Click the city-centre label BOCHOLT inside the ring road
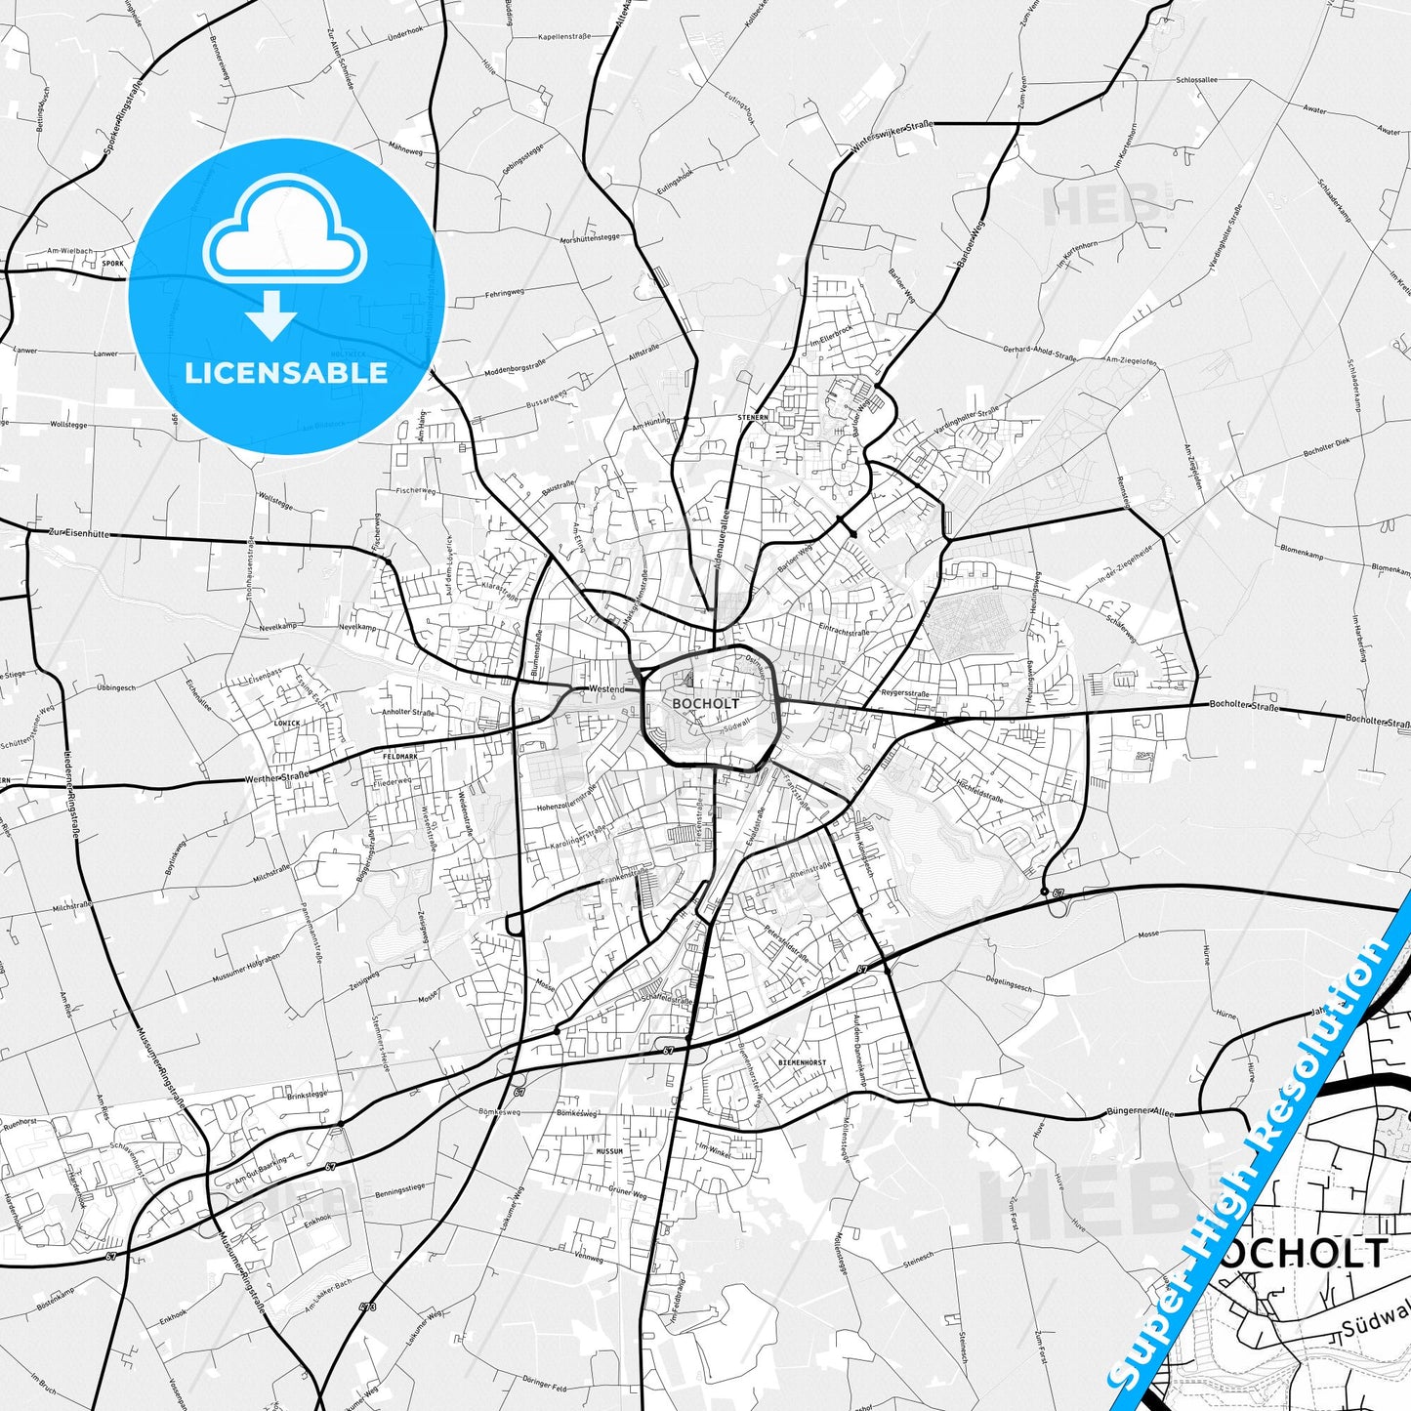coord(705,703)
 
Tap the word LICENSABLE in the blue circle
coord(286,372)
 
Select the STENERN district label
coord(753,417)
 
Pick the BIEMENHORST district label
coord(802,1062)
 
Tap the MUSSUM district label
coord(609,1151)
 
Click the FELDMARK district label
coord(400,757)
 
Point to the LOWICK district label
coord(287,724)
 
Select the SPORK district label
coord(113,264)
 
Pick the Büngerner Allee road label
coord(1140,1112)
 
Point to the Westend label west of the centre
coord(605,689)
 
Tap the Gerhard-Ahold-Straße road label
coord(1039,353)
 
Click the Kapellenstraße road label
coord(565,36)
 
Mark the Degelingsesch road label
coord(1009,987)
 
